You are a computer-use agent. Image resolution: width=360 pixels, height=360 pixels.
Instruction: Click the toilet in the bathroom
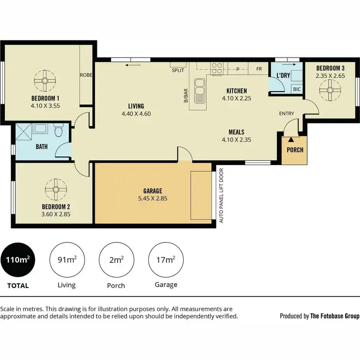(59, 131)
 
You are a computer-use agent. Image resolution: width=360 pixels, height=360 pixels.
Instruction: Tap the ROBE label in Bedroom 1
(86, 75)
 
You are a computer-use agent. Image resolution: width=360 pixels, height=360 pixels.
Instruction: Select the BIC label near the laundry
(297, 89)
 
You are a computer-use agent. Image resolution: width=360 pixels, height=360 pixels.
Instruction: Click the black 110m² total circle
(18, 261)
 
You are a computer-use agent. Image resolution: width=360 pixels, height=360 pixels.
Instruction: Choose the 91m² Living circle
(66, 261)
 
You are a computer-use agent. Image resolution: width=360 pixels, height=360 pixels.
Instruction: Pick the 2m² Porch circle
(116, 261)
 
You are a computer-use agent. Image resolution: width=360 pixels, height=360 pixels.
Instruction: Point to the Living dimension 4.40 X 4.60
(136, 114)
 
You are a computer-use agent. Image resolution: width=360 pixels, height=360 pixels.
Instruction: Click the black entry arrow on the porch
(291, 140)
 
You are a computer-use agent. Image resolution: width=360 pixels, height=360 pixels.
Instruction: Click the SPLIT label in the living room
(178, 71)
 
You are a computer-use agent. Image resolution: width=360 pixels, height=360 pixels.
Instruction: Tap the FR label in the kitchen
(259, 69)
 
